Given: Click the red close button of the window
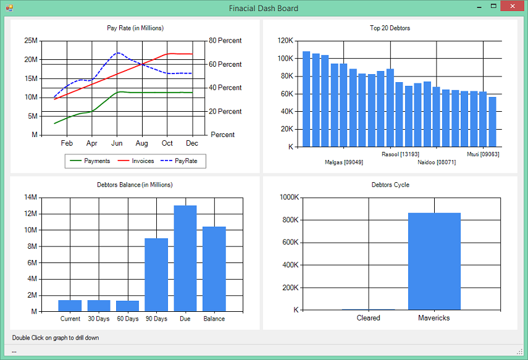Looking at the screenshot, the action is click(513, 6).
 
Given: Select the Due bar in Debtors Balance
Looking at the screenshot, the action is click(185, 258).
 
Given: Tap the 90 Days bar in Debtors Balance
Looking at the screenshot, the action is click(156, 275).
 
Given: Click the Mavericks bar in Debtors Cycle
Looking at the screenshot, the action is click(434, 261).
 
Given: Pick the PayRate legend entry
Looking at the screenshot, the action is click(179, 161).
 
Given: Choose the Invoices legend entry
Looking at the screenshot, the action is click(136, 161).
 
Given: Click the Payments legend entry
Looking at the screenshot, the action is click(90, 161).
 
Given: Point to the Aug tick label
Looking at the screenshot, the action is click(142, 143).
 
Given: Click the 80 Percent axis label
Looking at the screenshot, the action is click(225, 40).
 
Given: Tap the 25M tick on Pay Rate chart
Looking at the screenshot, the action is click(31, 40).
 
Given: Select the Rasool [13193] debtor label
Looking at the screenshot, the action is click(400, 154).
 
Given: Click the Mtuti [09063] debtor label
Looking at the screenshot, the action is click(483, 154).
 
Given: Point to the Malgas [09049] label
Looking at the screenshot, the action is click(344, 162).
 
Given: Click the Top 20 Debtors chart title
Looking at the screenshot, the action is click(390, 28).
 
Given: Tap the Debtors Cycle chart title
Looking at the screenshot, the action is click(390, 185).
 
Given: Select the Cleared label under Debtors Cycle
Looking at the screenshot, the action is click(369, 318).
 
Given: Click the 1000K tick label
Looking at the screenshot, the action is click(289, 197).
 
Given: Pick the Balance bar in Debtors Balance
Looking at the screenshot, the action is click(214, 269).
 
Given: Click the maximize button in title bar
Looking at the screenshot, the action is click(493, 6).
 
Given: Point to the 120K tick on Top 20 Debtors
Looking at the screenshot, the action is click(285, 40).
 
